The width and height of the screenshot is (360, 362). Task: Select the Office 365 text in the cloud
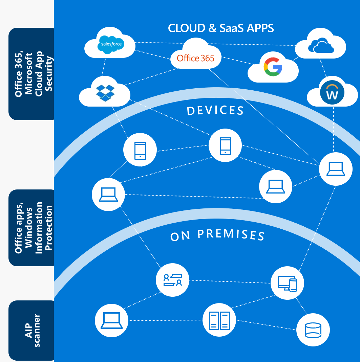pyautogui.click(x=195, y=58)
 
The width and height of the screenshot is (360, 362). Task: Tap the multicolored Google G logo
pyautogui.click(x=273, y=67)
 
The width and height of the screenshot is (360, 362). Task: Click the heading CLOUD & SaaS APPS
pyautogui.click(x=221, y=28)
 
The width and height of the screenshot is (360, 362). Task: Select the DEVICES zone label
pyautogui.click(x=215, y=110)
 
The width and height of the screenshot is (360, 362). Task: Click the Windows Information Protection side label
pyautogui.click(x=34, y=228)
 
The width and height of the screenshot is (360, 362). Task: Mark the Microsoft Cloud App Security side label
pyautogui.click(x=34, y=74)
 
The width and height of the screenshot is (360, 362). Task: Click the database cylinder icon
pyautogui.click(x=313, y=330)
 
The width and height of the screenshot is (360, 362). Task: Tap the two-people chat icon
pyautogui.click(x=172, y=280)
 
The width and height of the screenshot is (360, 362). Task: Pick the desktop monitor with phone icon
pyautogui.click(x=287, y=283)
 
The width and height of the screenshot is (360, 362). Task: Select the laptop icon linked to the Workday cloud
pyautogui.click(x=336, y=169)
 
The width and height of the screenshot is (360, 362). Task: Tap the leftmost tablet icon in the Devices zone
pyautogui.click(x=140, y=150)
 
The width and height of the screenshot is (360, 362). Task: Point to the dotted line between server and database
pyautogui.click(x=266, y=325)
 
